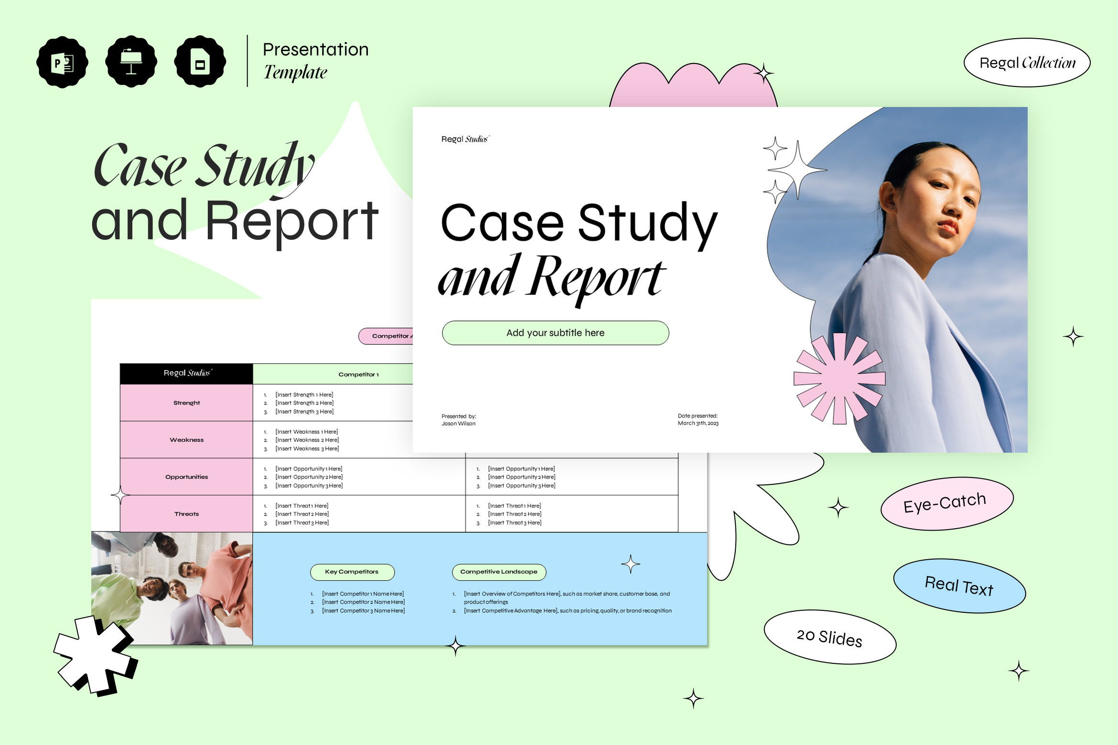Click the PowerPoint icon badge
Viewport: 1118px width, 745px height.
[62, 62]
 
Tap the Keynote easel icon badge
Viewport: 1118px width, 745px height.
[131, 62]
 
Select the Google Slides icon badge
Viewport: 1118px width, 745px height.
[200, 62]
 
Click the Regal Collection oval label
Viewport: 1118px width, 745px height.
[1027, 63]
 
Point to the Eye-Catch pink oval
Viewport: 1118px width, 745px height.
[947, 503]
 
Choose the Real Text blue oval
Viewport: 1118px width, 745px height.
[959, 586]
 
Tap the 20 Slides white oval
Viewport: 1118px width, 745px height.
[830, 637]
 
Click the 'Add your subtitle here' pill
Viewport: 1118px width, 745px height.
[555, 333]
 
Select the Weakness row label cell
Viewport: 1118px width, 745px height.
[186, 440]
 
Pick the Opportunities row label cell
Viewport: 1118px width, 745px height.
[186, 477]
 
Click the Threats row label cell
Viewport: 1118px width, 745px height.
[186, 514]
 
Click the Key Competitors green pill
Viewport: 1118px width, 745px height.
[352, 572]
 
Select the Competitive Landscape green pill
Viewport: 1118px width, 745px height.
[499, 572]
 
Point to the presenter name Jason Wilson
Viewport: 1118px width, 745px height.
[459, 424]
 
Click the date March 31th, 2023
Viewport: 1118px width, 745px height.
[698, 423]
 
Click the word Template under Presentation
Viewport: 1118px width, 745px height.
[295, 73]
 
